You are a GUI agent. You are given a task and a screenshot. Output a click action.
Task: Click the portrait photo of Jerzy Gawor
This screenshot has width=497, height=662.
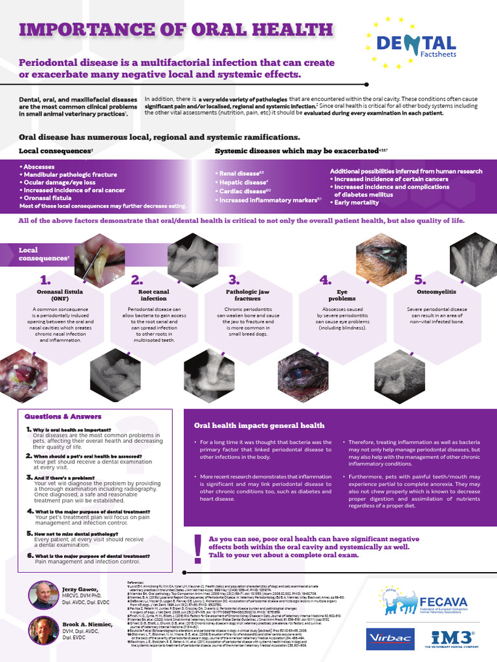(43, 595)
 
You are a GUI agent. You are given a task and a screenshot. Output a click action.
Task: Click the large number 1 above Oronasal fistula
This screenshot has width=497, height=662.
(45, 280)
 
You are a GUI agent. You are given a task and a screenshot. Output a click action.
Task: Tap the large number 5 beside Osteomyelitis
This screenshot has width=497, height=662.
(419, 280)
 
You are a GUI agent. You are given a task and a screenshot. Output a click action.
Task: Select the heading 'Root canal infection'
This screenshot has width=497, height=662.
(153, 295)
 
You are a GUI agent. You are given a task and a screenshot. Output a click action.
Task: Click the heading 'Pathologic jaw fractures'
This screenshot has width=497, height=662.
(247, 295)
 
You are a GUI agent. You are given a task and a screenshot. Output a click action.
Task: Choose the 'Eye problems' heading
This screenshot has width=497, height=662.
(342, 295)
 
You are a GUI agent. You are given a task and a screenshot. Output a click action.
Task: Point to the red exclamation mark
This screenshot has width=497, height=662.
(197, 546)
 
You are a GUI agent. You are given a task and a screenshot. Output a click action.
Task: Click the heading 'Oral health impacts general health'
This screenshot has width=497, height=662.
(260, 425)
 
